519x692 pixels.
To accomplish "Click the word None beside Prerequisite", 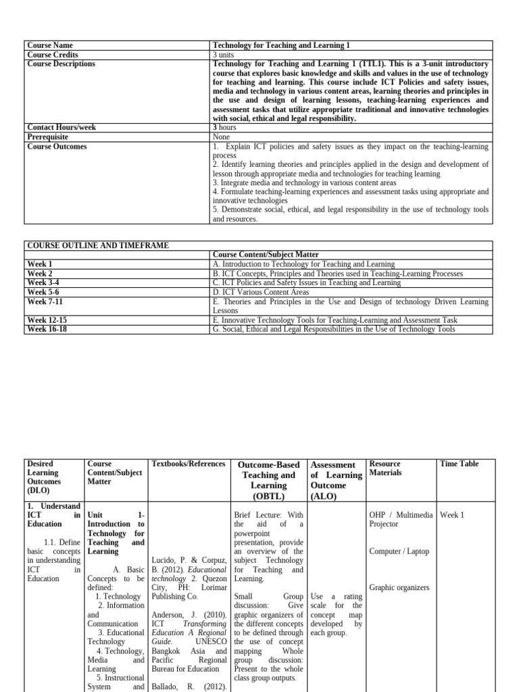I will (x=222, y=137).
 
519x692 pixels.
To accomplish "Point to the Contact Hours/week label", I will (x=61, y=127).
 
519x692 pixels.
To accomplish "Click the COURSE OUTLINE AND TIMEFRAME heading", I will (x=97, y=245).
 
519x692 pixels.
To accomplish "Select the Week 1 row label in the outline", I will (x=40, y=264).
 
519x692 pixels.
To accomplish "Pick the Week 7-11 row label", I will (x=45, y=301).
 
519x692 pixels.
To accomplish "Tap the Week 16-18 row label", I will (x=47, y=329).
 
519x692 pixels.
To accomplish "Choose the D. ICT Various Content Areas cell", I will (x=261, y=292).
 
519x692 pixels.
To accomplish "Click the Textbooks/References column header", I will (x=189, y=464).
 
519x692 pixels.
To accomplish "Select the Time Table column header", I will (x=459, y=464).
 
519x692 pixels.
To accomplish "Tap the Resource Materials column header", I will (x=385, y=468).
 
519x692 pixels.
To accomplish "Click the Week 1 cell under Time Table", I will (x=452, y=515).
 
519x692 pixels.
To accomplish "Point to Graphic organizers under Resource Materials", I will (x=399, y=588).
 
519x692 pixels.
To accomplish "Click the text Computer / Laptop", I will (x=399, y=551).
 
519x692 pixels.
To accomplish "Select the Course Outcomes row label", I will (x=57, y=147).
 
